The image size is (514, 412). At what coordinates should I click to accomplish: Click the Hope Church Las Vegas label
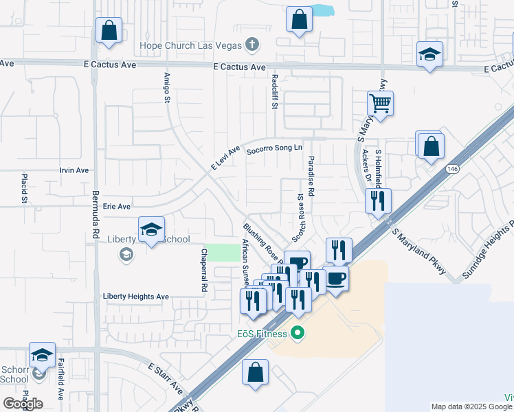tap(191, 46)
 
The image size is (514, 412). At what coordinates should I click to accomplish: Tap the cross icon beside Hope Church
tap(252, 45)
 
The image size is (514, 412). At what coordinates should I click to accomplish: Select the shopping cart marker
tap(380, 104)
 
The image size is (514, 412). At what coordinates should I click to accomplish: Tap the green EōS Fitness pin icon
tap(298, 334)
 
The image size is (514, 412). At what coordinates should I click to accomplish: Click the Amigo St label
tap(166, 87)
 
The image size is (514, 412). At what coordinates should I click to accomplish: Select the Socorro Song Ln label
tap(274, 148)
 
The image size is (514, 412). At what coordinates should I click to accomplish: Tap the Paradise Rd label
tap(311, 176)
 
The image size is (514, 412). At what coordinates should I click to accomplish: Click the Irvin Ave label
tap(74, 170)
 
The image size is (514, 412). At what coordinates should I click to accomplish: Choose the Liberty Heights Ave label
tap(135, 297)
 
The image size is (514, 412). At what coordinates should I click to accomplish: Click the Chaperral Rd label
tap(203, 271)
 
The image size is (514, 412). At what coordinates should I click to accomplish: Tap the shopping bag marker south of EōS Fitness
tap(255, 374)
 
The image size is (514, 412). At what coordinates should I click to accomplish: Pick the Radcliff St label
tap(274, 91)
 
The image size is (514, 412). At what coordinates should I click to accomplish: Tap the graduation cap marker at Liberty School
tap(151, 229)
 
